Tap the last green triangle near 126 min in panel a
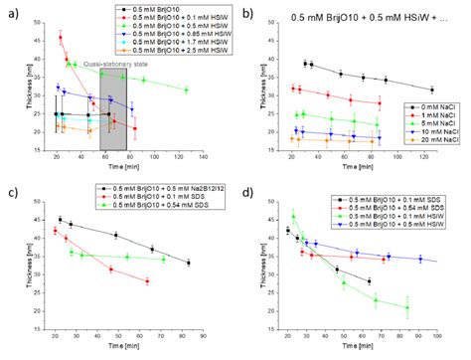click(186, 90)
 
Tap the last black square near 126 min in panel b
click(432, 89)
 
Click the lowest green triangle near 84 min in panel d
click(406, 307)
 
